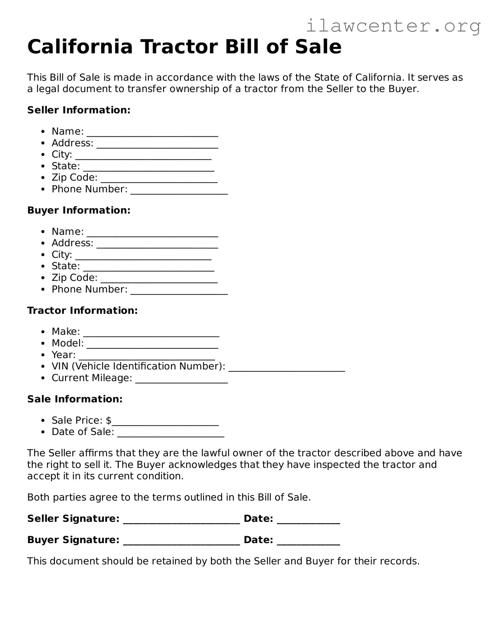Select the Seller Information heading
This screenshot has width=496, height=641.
point(79,110)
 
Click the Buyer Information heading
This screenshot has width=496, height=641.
point(79,210)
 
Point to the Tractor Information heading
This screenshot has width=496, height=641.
point(82,310)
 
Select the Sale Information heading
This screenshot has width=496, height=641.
point(75,399)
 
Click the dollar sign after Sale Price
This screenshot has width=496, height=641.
point(109,420)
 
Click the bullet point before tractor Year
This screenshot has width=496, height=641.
point(43,355)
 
